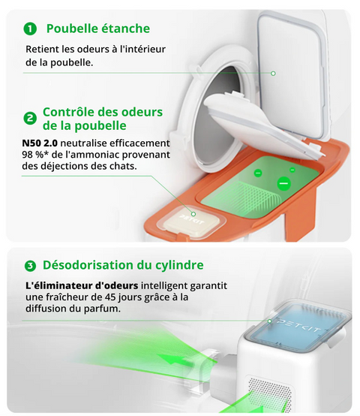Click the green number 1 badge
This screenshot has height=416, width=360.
(x=30, y=29)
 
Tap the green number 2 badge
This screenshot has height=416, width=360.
(x=30, y=119)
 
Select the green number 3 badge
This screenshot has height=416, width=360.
(x=30, y=266)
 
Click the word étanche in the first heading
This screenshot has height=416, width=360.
(x=126, y=29)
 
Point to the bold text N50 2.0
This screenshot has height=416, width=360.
(x=40, y=143)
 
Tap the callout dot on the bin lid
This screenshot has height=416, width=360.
(x=273, y=74)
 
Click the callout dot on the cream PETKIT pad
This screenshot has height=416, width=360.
(x=193, y=214)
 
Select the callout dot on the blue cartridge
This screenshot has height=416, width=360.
(x=270, y=321)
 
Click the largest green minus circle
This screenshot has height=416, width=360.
(x=283, y=183)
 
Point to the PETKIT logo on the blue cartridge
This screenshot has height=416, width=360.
(x=298, y=326)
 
